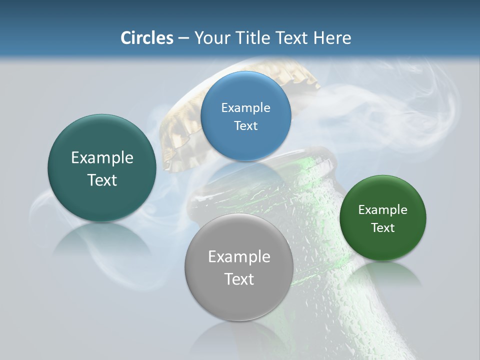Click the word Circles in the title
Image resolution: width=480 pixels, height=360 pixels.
coord(146,38)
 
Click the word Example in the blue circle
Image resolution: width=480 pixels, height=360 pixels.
coord(245,107)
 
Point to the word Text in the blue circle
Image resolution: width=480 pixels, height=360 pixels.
coord(245,125)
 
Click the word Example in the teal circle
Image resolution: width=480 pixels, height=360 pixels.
coord(102,158)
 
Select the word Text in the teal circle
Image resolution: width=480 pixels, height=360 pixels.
coord(102,180)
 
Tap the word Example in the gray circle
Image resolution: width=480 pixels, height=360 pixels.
coord(239,257)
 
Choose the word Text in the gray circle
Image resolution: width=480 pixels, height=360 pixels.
coord(239,279)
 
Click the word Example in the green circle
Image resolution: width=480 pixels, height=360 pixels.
coord(383,210)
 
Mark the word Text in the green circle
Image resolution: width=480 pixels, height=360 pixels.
coord(383,228)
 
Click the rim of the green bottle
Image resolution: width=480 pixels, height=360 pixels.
coord(320,155)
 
